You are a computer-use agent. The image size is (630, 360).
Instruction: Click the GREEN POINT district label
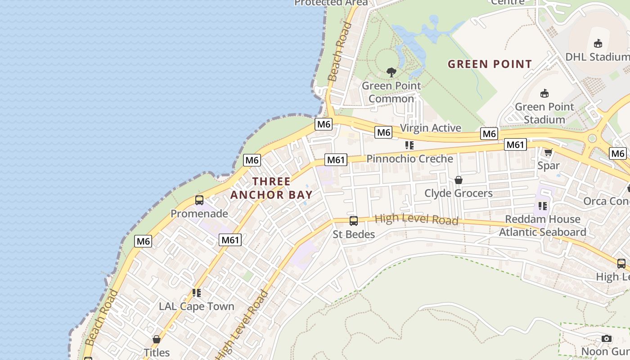pyautogui.click(x=490, y=64)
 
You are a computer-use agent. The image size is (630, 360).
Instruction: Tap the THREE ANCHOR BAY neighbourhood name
pyautogui.click(x=271, y=188)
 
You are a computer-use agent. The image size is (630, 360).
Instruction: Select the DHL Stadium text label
pyautogui.click(x=597, y=57)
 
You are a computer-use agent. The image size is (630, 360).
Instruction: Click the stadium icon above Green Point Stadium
pyautogui.click(x=544, y=94)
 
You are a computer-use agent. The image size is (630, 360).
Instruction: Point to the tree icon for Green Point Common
pyautogui.click(x=391, y=72)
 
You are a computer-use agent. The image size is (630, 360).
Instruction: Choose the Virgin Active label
pyautogui.click(x=431, y=128)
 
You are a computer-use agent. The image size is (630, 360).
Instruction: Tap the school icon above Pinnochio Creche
pyautogui.click(x=409, y=145)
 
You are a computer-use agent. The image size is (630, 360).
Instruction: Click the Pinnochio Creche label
pyautogui.click(x=409, y=159)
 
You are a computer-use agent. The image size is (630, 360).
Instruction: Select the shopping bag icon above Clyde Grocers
pyautogui.click(x=459, y=180)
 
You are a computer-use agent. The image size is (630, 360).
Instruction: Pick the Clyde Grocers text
pyautogui.click(x=459, y=193)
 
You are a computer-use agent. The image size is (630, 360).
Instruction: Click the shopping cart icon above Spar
pyautogui.click(x=548, y=153)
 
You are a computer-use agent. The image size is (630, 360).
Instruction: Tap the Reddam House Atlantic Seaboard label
pyautogui.click(x=542, y=225)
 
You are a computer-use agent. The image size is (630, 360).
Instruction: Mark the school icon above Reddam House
pyautogui.click(x=543, y=206)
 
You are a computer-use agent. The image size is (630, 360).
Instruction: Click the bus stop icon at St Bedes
pyautogui.click(x=354, y=221)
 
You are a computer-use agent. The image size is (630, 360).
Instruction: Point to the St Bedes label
pyautogui.click(x=354, y=234)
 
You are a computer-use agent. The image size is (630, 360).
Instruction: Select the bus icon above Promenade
pyautogui.click(x=199, y=200)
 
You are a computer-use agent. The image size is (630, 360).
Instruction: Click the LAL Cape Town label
pyautogui.click(x=196, y=306)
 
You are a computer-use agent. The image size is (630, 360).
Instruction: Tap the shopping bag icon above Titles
pyautogui.click(x=157, y=339)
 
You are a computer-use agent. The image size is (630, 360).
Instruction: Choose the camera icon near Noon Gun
pyautogui.click(x=607, y=338)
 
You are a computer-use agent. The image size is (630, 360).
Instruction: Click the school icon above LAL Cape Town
pyautogui.click(x=196, y=293)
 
